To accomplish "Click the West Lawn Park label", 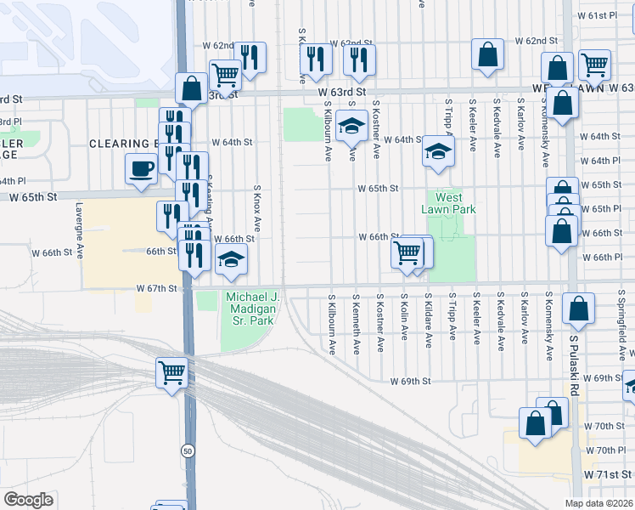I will point(449,203).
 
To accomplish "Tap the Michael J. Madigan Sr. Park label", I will point(250,309).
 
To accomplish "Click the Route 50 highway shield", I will point(187,450).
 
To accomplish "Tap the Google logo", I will point(28,500).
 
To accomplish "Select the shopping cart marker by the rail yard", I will point(171,371).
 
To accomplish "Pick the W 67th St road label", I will point(160,288).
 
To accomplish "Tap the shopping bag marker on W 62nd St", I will point(487,54).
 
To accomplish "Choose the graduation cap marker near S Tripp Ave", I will point(438,151).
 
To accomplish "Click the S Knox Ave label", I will point(256,207).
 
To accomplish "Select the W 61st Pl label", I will point(601,16).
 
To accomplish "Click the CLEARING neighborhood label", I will point(121,144).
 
